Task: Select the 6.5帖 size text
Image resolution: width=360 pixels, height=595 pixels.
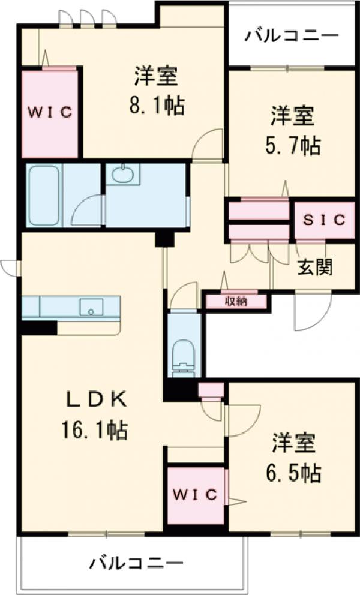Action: [294, 474]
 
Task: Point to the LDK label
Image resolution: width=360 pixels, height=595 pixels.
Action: [95, 398]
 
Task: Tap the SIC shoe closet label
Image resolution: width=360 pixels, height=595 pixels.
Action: [324, 220]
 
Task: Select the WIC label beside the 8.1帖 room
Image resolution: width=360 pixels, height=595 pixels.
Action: [50, 112]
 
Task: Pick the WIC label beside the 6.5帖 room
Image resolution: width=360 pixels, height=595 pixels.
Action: [196, 494]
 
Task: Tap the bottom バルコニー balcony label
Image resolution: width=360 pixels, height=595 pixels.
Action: [137, 564]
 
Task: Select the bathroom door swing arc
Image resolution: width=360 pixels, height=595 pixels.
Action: [86, 210]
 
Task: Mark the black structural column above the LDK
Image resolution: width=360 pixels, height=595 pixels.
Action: [163, 239]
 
